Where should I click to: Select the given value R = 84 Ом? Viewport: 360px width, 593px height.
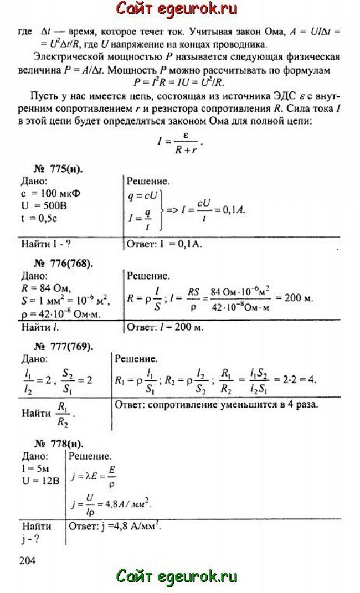point(47,287)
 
